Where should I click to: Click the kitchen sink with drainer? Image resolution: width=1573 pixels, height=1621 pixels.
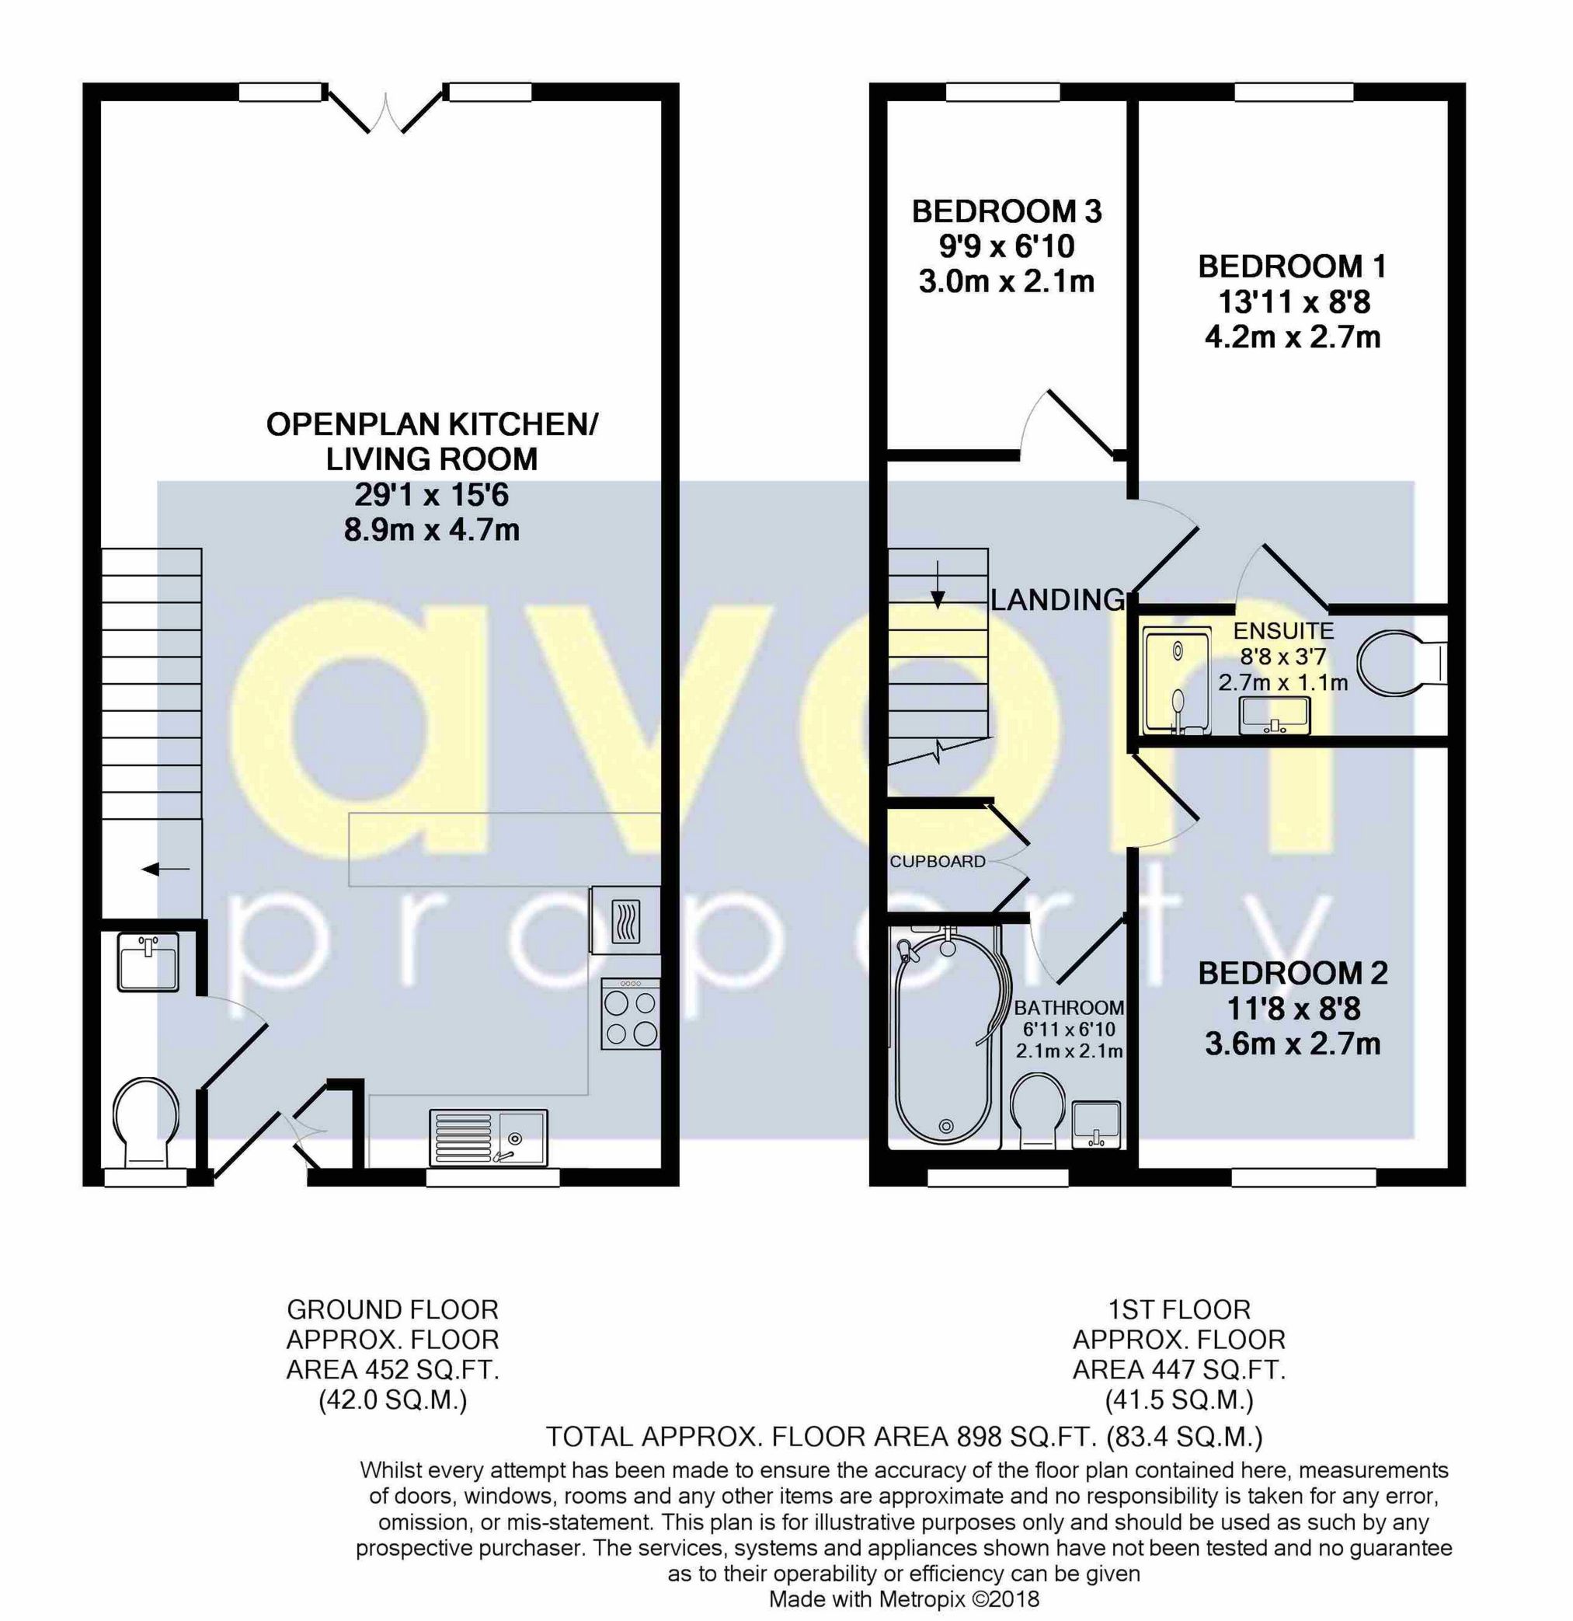488,1137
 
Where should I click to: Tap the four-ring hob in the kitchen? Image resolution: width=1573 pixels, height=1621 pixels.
631,1015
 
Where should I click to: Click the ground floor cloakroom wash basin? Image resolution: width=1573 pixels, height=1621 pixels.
148,963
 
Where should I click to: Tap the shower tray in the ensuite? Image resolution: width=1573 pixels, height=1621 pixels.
1175,680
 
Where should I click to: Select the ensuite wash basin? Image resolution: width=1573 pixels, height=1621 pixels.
1274,715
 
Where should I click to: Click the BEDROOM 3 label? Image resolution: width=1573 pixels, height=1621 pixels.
1006,211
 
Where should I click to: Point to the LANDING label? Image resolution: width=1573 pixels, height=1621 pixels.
1058,600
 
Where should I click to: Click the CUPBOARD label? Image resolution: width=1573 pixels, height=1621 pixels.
938,862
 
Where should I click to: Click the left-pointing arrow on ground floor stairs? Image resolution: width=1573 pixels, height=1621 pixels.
165,870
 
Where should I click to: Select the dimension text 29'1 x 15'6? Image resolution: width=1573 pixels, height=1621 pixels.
431,494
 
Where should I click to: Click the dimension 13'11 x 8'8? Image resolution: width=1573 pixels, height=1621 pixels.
1293,303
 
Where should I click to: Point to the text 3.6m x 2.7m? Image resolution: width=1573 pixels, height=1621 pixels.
1292,1044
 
